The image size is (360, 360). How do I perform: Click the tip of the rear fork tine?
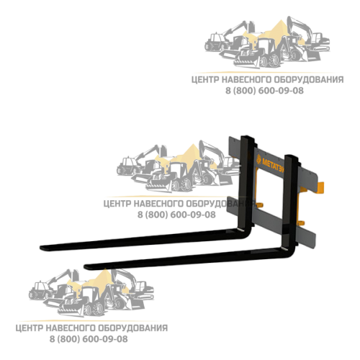tap(40, 248)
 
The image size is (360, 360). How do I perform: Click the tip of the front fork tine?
tap(85, 266)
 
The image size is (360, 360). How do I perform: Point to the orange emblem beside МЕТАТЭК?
tap(258, 159)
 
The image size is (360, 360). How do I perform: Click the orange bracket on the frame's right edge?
tap(320, 188)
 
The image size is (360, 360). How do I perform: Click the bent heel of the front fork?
tap(291, 251)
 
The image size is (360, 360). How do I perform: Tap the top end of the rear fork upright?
tap(248, 137)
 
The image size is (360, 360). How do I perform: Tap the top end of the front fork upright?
tap(292, 156)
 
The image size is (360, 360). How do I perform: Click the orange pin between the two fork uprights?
tap(260, 205)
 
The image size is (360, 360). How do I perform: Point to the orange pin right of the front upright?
tap(301, 223)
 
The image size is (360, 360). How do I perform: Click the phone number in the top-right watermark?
tap(264, 91)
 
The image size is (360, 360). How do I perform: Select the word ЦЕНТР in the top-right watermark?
tap(205, 80)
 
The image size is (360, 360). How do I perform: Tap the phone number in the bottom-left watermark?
tap(89, 339)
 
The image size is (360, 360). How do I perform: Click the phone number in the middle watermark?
tap(176, 215)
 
